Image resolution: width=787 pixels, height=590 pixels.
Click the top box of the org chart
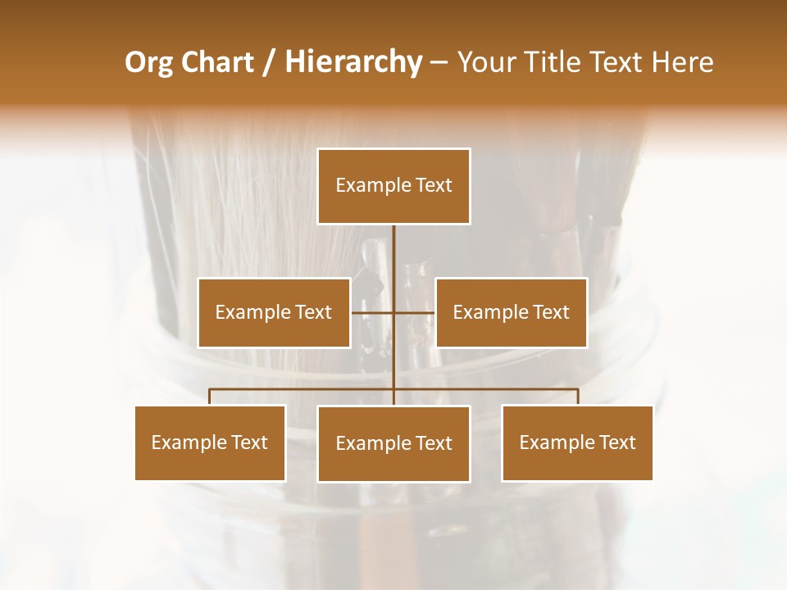pos(393,186)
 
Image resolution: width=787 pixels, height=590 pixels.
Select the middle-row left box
pos(274,312)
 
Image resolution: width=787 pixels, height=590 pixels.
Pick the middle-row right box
pos(511,312)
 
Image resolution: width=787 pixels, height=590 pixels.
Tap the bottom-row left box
pos(210,442)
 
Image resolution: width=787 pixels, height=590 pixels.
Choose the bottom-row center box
pos(393,443)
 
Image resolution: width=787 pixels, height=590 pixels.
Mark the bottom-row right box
pos(577,442)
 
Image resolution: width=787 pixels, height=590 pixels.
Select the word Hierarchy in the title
pos(353,62)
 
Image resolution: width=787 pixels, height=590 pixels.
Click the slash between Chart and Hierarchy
pos(269,63)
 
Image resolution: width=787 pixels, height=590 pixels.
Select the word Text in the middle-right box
pos(551,312)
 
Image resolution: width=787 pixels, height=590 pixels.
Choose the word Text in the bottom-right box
pos(617,442)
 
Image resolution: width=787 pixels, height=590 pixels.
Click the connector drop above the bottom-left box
pos(210,397)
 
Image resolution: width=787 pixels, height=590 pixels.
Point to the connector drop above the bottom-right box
pos(578,397)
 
